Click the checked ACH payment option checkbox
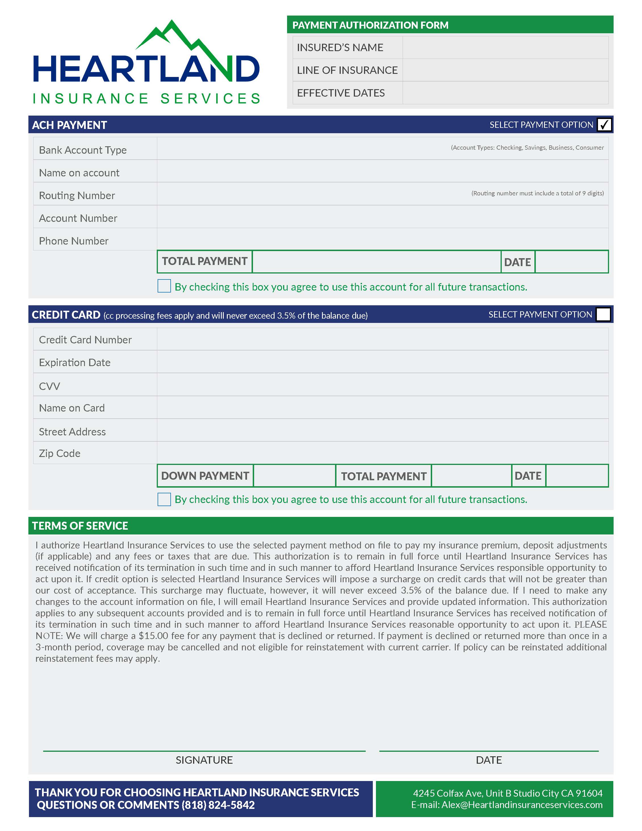click(x=604, y=125)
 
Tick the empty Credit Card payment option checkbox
click(x=603, y=315)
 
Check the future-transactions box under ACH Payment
click(x=164, y=286)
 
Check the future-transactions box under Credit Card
click(x=164, y=499)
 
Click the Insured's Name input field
click(x=505, y=47)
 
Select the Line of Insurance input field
click(x=505, y=70)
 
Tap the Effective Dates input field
click(x=505, y=93)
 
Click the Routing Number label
click(x=77, y=196)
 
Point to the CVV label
click(x=49, y=386)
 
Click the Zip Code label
click(x=60, y=454)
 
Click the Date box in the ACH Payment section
click(x=571, y=262)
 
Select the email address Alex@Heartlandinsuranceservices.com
click(x=522, y=805)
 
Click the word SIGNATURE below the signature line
click(x=204, y=760)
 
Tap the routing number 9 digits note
click(x=538, y=193)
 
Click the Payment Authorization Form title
click(x=370, y=25)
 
